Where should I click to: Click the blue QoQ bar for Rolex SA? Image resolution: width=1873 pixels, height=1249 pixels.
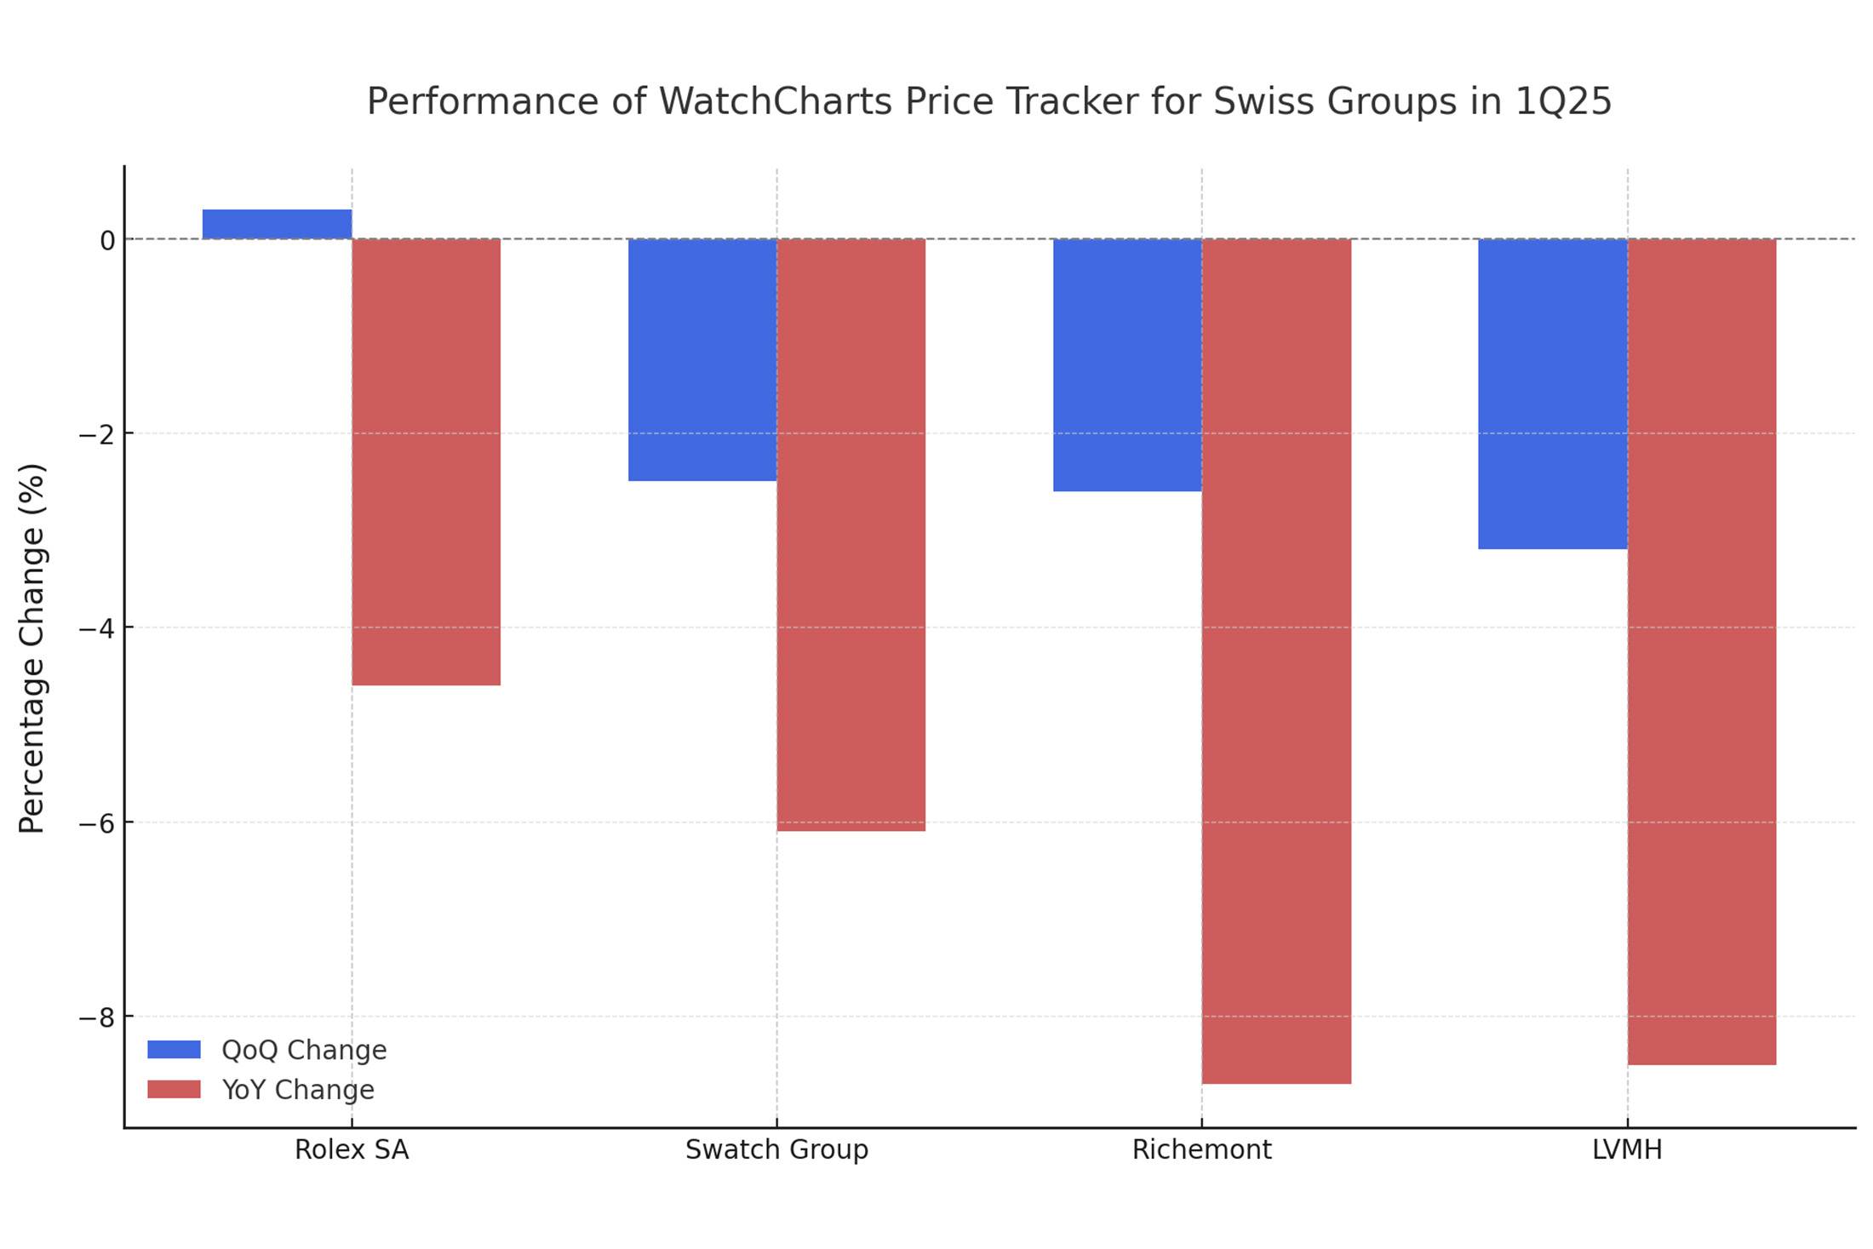click(x=277, y=224)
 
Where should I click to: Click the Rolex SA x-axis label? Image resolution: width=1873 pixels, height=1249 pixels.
click(x=352, y=1150)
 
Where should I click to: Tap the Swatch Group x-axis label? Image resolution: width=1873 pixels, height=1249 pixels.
click(x=776, y=1150)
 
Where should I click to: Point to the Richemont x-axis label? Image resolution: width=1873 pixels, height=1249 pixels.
click(x=1201, y=1150)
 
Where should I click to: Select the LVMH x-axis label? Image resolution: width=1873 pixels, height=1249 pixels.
click(x=1627, y=1150)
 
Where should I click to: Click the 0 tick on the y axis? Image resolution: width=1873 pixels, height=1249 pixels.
click(x=107, y=241)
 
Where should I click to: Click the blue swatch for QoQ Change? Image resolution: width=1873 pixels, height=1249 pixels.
click(x=174, y=1050)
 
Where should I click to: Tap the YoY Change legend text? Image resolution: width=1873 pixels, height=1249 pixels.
click(x=298, y=1090)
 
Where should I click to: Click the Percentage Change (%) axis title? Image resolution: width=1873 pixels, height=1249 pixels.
click(x=32, y=648)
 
